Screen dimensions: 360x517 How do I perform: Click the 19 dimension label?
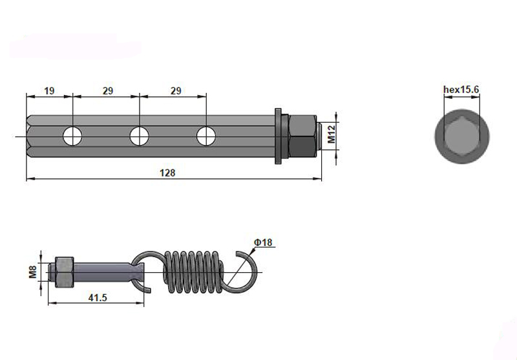[x=49, y=91]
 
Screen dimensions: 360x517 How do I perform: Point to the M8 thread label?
[x=32, y=270]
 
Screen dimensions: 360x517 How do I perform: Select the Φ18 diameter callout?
[x=264, y=242]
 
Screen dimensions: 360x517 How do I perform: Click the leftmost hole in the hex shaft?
[x=72, y=136]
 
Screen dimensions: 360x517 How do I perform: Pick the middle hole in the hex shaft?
[x=139, y=136]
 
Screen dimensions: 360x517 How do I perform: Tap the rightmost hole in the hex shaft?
[x=206, y=136]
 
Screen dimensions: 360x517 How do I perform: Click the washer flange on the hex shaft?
[x=279, y=136]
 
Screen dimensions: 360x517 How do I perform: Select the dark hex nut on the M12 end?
[x=301, y=136]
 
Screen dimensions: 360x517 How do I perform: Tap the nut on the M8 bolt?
[x=65, y=271]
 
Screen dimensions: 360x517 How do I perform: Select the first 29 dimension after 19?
[x=107, y=91]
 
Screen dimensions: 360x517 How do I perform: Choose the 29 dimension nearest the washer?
[x=175, y=91]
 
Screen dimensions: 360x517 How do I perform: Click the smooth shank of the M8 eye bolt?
[x=103, y=271]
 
